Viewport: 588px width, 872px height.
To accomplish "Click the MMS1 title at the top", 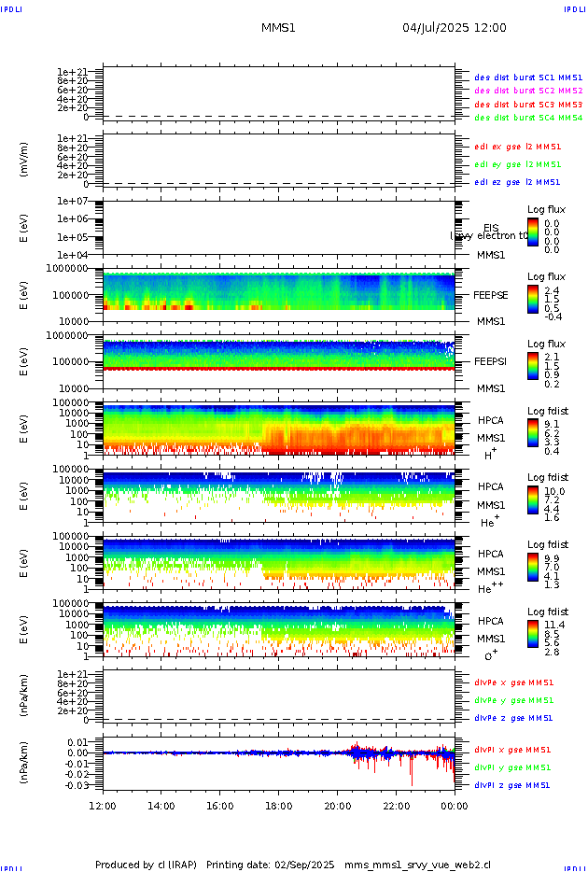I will click(x=278, y=28).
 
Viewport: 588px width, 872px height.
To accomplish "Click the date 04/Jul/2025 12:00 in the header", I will click(x=455, y=28).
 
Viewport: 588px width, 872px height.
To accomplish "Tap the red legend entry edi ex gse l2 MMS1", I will click(x=518, y=147).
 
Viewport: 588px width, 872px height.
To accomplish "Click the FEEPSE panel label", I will click(x=490, y=295).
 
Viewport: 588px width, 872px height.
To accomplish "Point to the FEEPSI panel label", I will click(x=490, y=361).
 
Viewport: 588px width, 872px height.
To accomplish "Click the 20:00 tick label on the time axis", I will click(x=337, y=806).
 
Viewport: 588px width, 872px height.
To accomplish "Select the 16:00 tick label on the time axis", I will click(x=219, y=806).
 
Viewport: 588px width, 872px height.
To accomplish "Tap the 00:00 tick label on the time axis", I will click(x=455, y=806).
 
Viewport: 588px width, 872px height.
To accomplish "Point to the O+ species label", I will click(x=490, y=655).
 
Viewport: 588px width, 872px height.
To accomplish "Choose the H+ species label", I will click(x=490, y=455).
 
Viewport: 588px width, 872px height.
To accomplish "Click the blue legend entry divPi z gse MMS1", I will click(x=512, y=785).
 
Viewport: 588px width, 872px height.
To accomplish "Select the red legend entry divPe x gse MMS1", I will click(x=512, y=682).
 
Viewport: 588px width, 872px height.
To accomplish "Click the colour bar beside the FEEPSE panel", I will click(x=533, y=297).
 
